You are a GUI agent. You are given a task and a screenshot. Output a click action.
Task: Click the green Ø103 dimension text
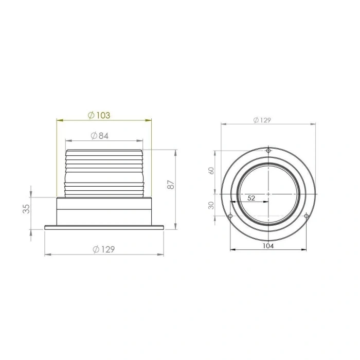click(x=99, y=115)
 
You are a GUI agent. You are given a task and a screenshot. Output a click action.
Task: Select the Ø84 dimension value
click(x=99, y=136)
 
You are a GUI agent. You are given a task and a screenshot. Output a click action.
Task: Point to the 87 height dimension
click(x=172, y=185)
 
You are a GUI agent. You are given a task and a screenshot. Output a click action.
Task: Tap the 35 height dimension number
click(x=27, y=208)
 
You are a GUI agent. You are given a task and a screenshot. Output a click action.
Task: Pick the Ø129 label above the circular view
click(x=262, y=120)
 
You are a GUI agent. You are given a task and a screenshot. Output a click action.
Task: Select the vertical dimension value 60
click(x=211, y=171)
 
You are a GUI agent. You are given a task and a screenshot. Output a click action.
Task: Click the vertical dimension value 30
click(x=211, y=205)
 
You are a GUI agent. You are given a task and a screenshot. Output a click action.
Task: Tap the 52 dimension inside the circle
click(x=251, y=197)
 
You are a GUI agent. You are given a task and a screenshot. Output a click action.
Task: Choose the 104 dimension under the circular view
click(x=267, y=246)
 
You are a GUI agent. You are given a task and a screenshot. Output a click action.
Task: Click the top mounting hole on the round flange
click(x=268, y=150)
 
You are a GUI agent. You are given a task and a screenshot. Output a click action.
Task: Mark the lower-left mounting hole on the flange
click(x=230, y=215)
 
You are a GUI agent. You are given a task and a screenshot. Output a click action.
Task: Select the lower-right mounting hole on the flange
click(x=306, y=215)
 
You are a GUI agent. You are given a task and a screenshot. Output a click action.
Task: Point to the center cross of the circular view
click(x=268, y=193)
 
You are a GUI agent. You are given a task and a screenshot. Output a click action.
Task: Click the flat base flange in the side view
click(x=104, y=227)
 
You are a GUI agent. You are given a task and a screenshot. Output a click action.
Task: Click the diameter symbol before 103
click(x=91, y=115)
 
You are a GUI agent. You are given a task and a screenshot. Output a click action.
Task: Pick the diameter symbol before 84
click(x=93, y=136)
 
